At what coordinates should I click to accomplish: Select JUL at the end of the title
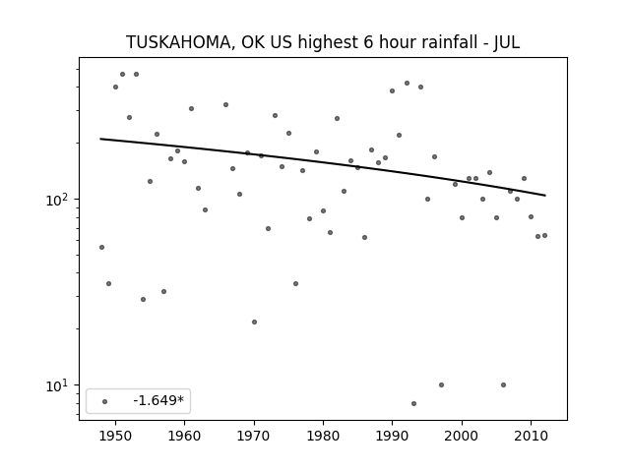point(507,42)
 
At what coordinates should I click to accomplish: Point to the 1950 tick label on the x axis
point(115,436)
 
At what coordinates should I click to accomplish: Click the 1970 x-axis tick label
point(254,436)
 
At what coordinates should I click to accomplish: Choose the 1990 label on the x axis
point(392,436)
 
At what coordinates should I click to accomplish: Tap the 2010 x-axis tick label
point(531,436)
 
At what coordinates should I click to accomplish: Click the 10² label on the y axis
point(59,199)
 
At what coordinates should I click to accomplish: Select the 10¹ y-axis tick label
point(59,385)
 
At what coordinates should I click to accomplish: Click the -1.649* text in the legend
point(158,400)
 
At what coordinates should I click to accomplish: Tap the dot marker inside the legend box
point(105,401)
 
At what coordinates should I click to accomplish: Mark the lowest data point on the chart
point(413,403)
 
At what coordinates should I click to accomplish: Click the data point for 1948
point(101,247)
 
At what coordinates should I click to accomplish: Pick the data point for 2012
point(544,236)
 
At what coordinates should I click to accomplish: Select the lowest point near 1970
point(254,322)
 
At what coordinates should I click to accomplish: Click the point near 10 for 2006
point(503,384)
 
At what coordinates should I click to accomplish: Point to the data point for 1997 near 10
point(441,384)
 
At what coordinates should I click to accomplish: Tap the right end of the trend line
point(545,196)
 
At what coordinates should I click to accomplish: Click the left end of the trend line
point(100,139)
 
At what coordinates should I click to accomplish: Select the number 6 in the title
point(368,42)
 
